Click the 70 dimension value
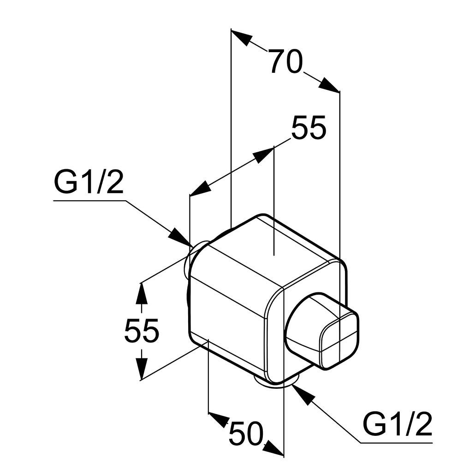(286, 62)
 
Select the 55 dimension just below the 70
(309, 127)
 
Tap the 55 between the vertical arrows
(142, 330)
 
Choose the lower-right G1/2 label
(397, 424)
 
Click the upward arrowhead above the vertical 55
(142, 293)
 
